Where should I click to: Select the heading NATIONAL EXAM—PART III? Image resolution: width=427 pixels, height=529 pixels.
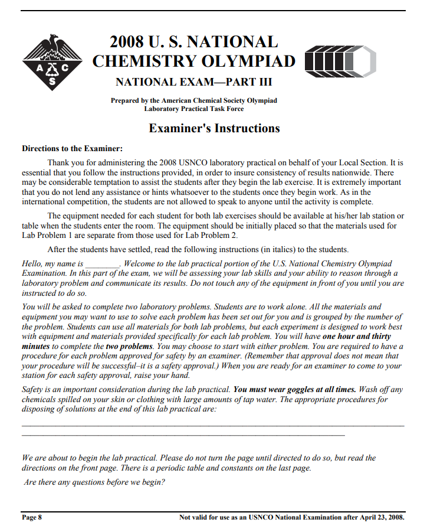click(193, 82)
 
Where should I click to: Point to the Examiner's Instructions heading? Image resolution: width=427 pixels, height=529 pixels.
click(214, 128)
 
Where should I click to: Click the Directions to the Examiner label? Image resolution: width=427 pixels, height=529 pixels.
click(72, 148)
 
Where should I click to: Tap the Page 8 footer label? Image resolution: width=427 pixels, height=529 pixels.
click(32, 517)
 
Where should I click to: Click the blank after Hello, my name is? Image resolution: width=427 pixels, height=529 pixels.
click(103, 264)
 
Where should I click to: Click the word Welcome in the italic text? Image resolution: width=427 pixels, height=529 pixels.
click(143, 264)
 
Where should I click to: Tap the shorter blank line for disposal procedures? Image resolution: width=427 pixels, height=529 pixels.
click(183, 435)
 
